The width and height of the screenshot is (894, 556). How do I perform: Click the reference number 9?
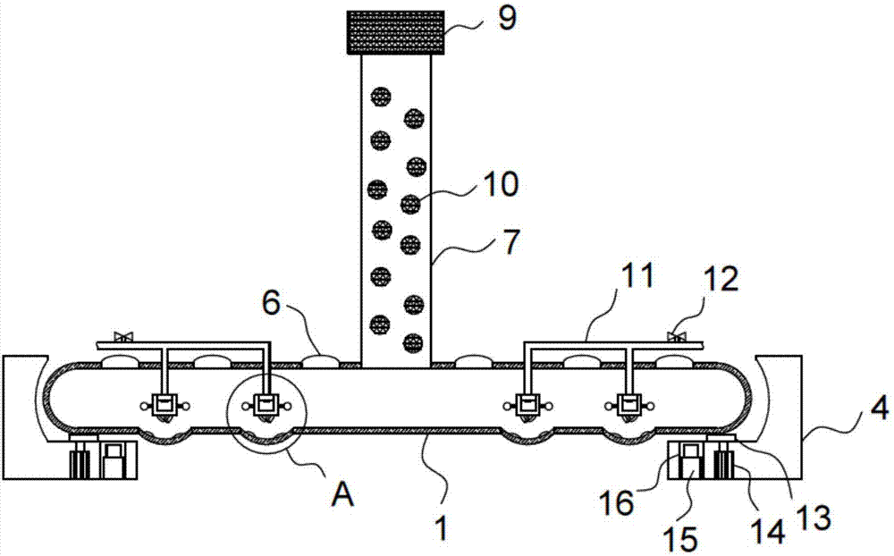tap(508, 20)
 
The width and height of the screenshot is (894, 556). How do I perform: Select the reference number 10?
tap(499, 185)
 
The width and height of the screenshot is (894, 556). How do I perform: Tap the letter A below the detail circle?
tap(342, 494)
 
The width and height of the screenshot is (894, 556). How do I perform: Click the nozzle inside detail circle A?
tap(265, 407)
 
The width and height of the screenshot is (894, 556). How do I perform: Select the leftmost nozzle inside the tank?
tap(164, 407)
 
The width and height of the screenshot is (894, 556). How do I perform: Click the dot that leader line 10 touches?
tap(410, 204)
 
